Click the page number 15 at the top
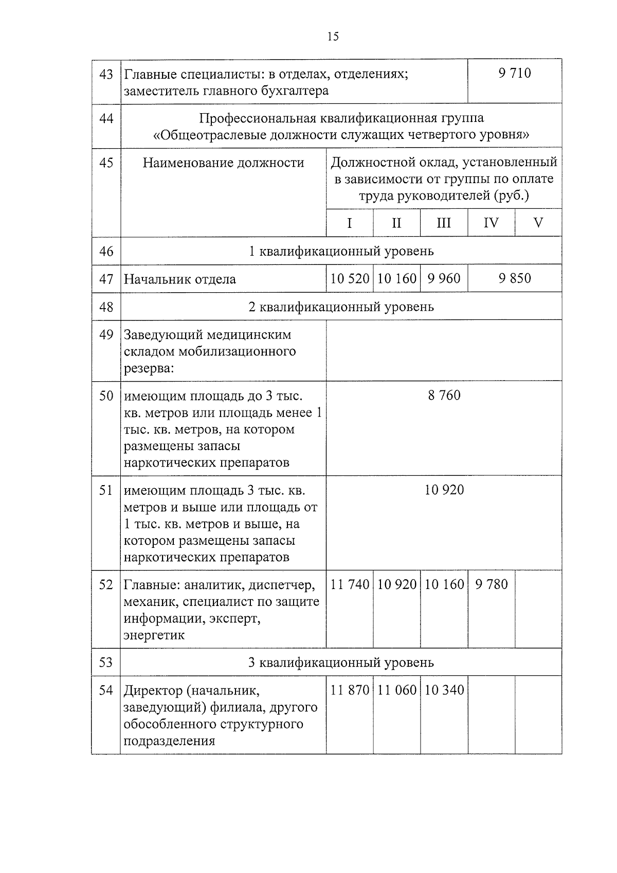pos(333,37)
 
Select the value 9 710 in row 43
pos(514,73)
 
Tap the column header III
pos(443,223)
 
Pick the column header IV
pos(491,223)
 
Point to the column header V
pos(538,223)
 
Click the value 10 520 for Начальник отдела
pos(350,279)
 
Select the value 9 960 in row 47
pos(444,279)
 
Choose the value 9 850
pos(514,278)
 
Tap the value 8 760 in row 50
pos(444,395)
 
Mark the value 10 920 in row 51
pos(444,490)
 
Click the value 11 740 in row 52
pos(350,584)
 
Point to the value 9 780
pos(491,584)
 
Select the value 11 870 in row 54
pos(350,690)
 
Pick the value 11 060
pos(396,690)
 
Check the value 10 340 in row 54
pos(444,690)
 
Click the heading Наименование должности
pos(223,163)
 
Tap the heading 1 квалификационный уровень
pos(341,251)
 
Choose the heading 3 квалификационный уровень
pos(341,662)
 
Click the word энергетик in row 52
pos(154,635)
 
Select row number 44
pos(106,119)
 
